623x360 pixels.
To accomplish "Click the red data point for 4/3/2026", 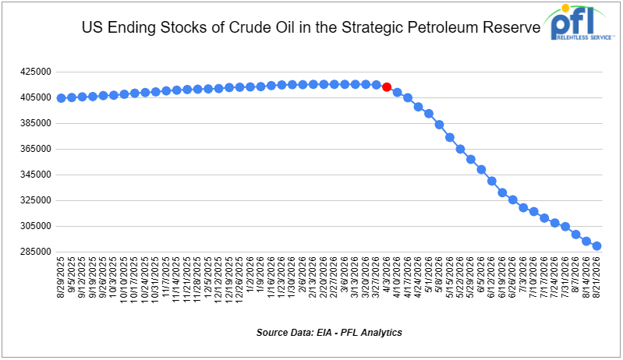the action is [x=387, y=87].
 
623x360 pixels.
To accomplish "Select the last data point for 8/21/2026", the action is [x=596, y=246].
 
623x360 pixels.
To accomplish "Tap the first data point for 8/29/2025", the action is [x=61, y=98].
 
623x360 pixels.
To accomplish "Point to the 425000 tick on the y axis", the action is [x=36, y=72].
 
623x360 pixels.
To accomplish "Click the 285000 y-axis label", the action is [x=36, y=252].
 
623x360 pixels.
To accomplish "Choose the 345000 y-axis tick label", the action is [x=36, y=175].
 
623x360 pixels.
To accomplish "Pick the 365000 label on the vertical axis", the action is [x=36, y=149].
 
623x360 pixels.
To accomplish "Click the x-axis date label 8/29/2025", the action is [x=61, y=277].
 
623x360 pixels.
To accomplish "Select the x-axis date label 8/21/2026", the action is [x=596, y=277].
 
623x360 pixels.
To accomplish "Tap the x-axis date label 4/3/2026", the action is [x=387, y=275].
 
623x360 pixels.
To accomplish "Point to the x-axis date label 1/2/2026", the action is [x=250, y=275].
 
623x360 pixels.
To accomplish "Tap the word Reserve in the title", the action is [x=511, y=27].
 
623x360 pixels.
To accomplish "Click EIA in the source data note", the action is [x=324, y=332].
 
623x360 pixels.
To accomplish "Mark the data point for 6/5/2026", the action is [x=481, y=170].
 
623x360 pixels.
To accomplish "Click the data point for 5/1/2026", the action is [x=429, y=114].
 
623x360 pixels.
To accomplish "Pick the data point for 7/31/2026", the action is [x=565, y=227].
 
